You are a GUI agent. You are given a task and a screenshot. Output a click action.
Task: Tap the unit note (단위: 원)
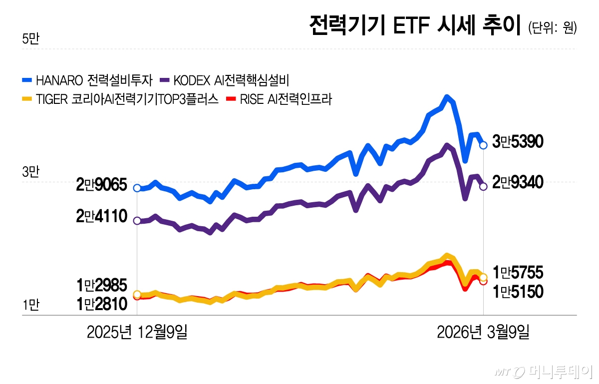pos(552,28)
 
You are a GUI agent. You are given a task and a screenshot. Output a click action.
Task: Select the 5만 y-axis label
pos(30,39)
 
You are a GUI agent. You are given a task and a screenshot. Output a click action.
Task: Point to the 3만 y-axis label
pos(30,172)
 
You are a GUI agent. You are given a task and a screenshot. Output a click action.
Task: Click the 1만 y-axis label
pos(30,306)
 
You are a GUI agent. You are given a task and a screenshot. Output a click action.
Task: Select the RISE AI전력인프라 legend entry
pos(280,99)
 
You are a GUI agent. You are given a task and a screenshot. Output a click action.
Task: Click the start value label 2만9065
pos(102,185)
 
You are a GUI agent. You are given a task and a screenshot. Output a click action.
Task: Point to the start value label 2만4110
pos(102,218)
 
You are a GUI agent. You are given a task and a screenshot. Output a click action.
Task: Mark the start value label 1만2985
pos(102,285)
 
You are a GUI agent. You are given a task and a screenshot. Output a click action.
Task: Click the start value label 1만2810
pos(102,303)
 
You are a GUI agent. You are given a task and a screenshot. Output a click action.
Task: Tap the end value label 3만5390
pos(518,142)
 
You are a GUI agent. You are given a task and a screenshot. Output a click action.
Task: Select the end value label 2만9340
pos(518,183)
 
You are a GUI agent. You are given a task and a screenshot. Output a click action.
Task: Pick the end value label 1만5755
pos(518,273)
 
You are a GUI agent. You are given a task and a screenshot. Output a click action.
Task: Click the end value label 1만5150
pos(518,292)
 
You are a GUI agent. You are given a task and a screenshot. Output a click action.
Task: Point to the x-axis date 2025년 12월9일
pos(137,332)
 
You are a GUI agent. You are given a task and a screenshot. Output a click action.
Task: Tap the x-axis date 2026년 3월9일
pos(483,332)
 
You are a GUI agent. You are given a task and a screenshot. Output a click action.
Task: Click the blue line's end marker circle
pos(483,145)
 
